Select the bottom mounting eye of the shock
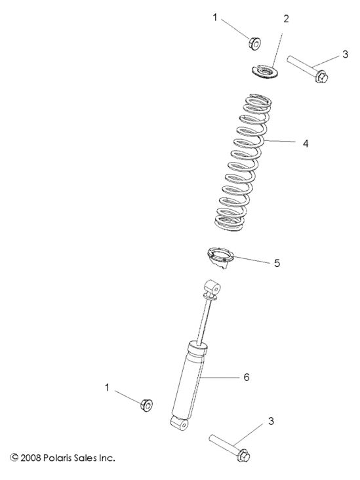click(x=179, y=424)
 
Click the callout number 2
click(x=285, y=19)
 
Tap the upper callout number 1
click(x=215, y=18)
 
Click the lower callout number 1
click(x=107, y=388)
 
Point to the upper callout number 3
click(x=346, y=54)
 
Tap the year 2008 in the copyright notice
click(x=30, y=458)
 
